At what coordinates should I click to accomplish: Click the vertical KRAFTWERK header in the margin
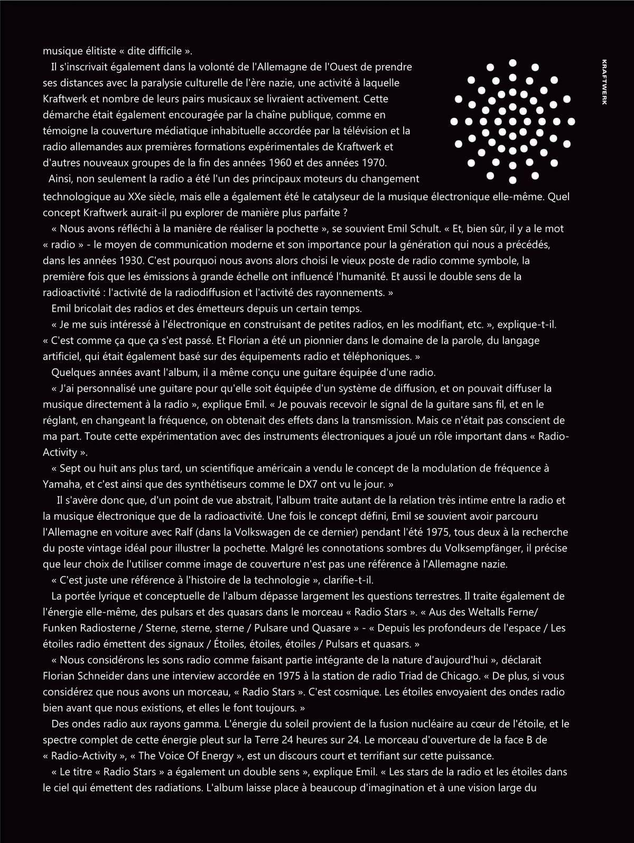pos(604,82)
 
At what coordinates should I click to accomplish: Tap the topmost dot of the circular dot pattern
pos(512,62)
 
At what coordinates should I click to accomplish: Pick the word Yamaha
pos(60,484)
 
